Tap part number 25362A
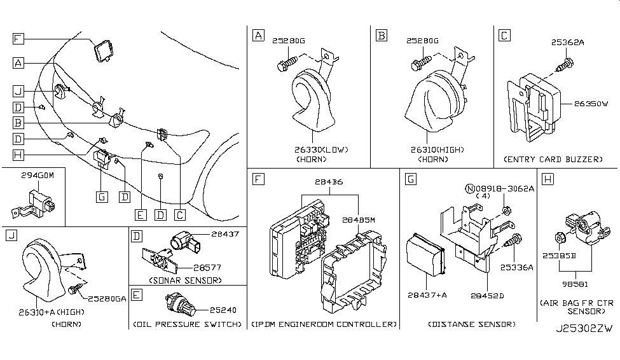pyautogui.click(x=567, y=44)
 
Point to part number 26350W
pyautogui.click(x=592, y=100)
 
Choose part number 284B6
pyautogui.click(x=328, y=182)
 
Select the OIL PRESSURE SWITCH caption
pyautogui.click(x=187, y=324)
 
